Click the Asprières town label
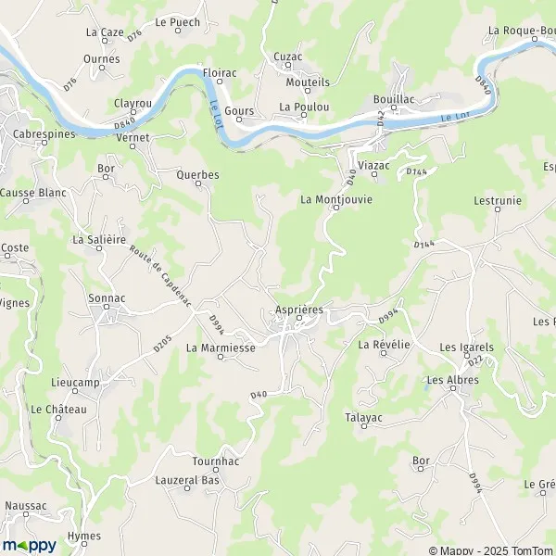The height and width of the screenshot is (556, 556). click(x=299, y=310)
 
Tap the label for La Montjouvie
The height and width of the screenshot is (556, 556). click(x=335, y=198)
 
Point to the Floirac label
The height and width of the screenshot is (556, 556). click(x=220, y=70)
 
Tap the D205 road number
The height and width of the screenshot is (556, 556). click(x=162, y=344)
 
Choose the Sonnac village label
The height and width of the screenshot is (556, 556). click(x=106, y=298)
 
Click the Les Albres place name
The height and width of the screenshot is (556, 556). click(x=452, y=380)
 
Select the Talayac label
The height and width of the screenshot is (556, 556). click(x=364, y=418)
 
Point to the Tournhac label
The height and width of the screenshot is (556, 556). click(x=216, y=461)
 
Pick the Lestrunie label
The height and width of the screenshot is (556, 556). click(x=498, y=199)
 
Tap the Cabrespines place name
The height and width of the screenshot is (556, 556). click(x=38, y=133)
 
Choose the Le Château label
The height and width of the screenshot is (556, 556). click(x=58, y=409)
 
